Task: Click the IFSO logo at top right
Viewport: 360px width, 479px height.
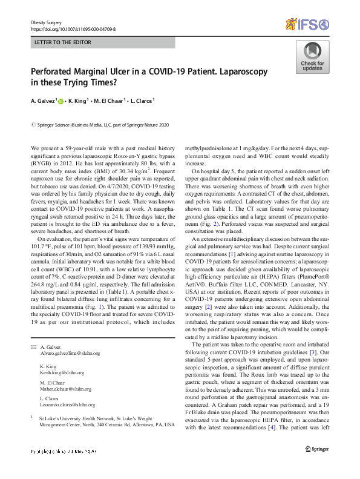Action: click(x=309, y=25)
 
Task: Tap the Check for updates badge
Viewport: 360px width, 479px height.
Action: click(x=312, y=58)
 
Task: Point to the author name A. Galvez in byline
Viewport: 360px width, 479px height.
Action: click(x=42, y=101)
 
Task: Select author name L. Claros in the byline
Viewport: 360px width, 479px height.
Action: click(x=142, y=101)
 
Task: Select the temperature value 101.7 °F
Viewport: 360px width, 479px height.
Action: click(x=40, y=247)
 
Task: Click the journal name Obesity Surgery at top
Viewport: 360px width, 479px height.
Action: click(x=46, y=21)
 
